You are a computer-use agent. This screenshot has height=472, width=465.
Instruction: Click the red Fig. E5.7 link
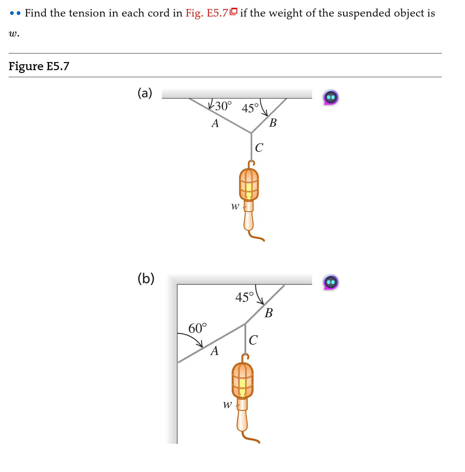pyautogui.click(x=207, y=13)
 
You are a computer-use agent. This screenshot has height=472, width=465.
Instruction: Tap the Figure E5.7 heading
pyautogui.click(x=39, y=66)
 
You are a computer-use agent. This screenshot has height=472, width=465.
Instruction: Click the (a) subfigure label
pyautogui.click(x=145, y=93)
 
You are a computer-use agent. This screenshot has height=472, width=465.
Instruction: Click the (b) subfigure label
pyautogui.click(x=146, y=278)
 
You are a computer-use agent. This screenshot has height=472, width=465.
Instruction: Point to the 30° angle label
pyautogui.click(x=223, y=106)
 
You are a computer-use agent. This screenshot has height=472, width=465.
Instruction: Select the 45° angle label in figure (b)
pyautogui.click(x=244, y=297)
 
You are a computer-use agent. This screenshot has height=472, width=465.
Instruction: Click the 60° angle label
pyautogui.click(x=197, y=328)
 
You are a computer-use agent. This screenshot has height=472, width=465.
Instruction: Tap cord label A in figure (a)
pyautogui.click(x=215, y=123)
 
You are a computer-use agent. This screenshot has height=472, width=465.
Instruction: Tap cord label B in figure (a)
pyautogui.click(x=273, y=123)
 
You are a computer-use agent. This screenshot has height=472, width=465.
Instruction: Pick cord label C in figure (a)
pyautogui.click(x=259, y=147)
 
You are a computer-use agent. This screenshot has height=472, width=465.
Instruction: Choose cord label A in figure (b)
pyautogui.click(x=214, y=351)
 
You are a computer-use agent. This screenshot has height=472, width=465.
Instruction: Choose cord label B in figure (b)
pyautogui.click(x=268, y=313)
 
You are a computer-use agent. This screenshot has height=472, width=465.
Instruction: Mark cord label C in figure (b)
pyautogui.click(x=253, y=340)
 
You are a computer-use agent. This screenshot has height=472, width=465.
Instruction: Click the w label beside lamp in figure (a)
pyautogui.click(x=235, y=206)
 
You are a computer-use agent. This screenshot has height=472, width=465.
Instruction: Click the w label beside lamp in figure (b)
pyautogui.click(x=227, y=405)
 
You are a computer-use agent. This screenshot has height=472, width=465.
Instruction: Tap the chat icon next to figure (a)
pyautogui.click(x=330, y=98)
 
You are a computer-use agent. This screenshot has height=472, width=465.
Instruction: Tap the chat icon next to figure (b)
pyautogui.click(x=330, y=282)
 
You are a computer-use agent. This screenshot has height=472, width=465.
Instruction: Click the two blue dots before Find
pyautogui.click(x=15, y=13)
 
